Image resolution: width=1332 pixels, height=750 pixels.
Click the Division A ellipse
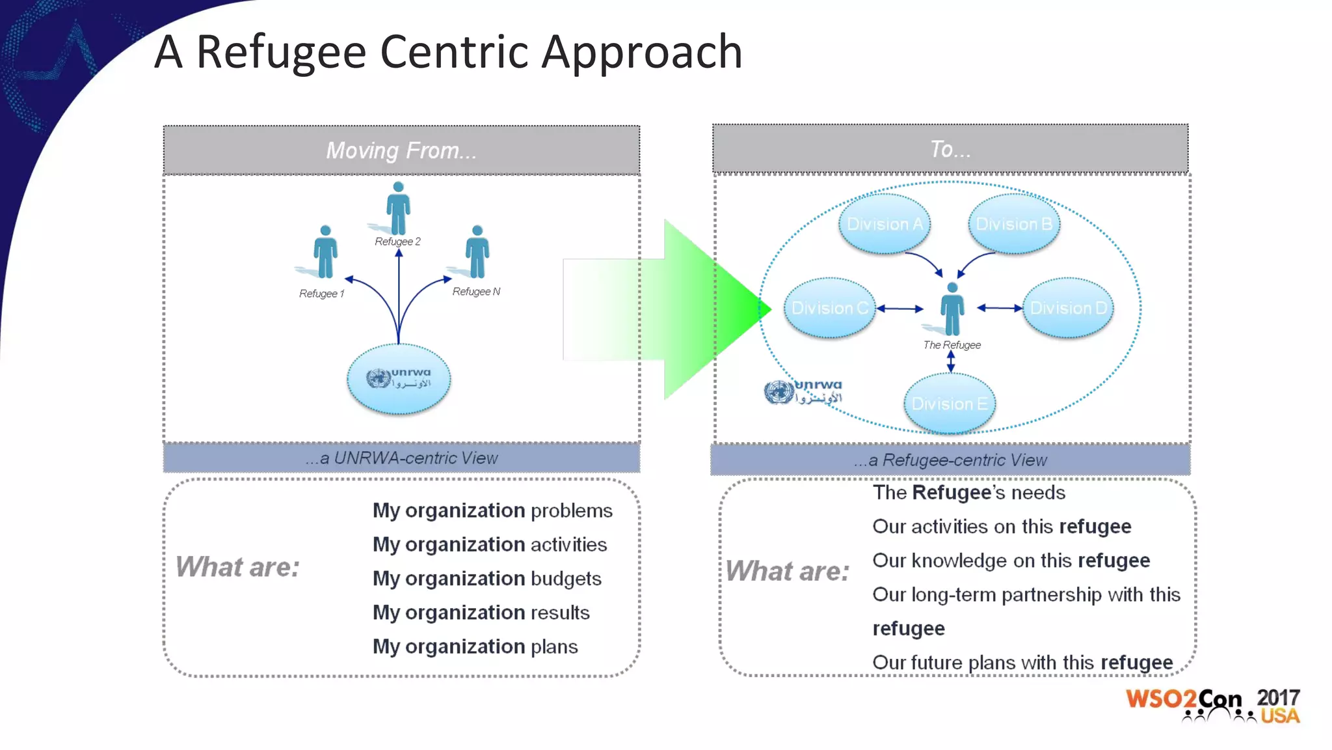pyautogui.click(x=885, y=224)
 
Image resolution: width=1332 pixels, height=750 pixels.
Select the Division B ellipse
pyautogui.click(x=1014, y=224)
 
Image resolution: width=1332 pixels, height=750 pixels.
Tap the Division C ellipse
pyautogui.click(x=829, y=308)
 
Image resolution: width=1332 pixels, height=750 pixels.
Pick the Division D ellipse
pyautogui.click(x=1068, y=308)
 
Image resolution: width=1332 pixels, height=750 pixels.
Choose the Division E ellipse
pyautogui.click(x=950, y=404)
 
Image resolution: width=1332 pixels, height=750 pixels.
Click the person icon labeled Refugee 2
pyautogui.click(x=398, y=208)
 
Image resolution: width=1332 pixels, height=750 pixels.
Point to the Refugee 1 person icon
pyautogui.click(x=325, y=253)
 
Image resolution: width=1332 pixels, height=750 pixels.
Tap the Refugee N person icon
pyautogui.click(x=477, y=253)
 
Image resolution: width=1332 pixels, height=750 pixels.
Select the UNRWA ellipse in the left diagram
pyautogui.click(x=399, y=379)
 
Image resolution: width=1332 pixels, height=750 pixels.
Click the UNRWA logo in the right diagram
pyautogui.click(x=803, y=392)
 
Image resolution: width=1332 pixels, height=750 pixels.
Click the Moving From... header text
pyautogui.click(x=401, y=150)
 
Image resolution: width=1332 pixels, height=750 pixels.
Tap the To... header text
pyautogui.click(x=950, y=149)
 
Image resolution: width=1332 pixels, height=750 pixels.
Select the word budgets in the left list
pyautogui.click(x=566, y=579)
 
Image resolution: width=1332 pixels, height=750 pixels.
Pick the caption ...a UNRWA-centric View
pyautogui.click(x=401, y=458)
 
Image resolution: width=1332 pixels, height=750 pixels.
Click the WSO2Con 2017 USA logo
pyautogui.click(x=1213, y=705)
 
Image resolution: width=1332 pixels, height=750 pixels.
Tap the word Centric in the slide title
pyautogui.click(x=455, y=52)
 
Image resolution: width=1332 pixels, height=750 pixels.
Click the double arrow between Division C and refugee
pyautogui.click(x=900, y=309)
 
